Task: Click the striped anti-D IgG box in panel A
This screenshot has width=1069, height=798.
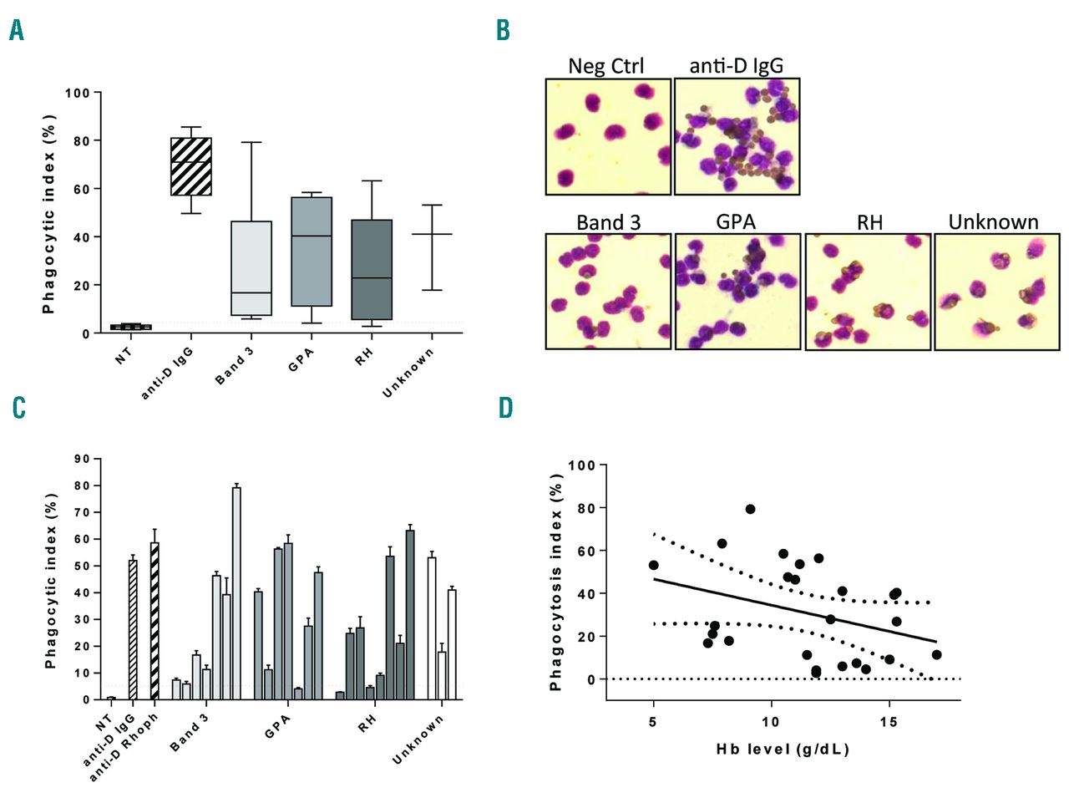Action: tap(191, 166)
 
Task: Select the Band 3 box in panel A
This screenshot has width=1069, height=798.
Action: tap(251, 267)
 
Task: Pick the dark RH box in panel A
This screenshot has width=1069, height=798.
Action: tap(372, 269)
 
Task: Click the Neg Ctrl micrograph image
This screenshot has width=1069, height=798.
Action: tap(608, 137)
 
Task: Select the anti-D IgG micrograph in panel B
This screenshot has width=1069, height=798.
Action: tap(737, 137)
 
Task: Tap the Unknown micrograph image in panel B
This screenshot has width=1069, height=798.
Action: tap(996, 292)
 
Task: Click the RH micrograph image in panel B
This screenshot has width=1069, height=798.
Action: tap(868, 292)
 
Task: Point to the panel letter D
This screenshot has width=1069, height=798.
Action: tap(505, 408)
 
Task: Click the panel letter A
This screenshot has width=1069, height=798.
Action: tap(17, 30)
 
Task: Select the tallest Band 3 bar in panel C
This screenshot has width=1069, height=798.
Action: tap(236, 592)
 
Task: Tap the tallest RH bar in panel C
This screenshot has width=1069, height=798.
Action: tap(410, 614)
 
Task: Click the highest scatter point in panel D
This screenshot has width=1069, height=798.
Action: tap(750, 509)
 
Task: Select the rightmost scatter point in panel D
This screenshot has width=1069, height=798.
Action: tap(936, 655)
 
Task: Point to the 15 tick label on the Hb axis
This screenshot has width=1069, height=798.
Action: tap(889, 722)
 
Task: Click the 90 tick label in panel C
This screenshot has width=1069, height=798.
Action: tap(82, 459)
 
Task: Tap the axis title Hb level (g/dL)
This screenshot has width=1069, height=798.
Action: tap(783, 749)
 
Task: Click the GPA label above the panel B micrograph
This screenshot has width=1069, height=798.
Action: tap(736, 221)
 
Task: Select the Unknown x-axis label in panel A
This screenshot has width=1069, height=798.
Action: tap(409, 373)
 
